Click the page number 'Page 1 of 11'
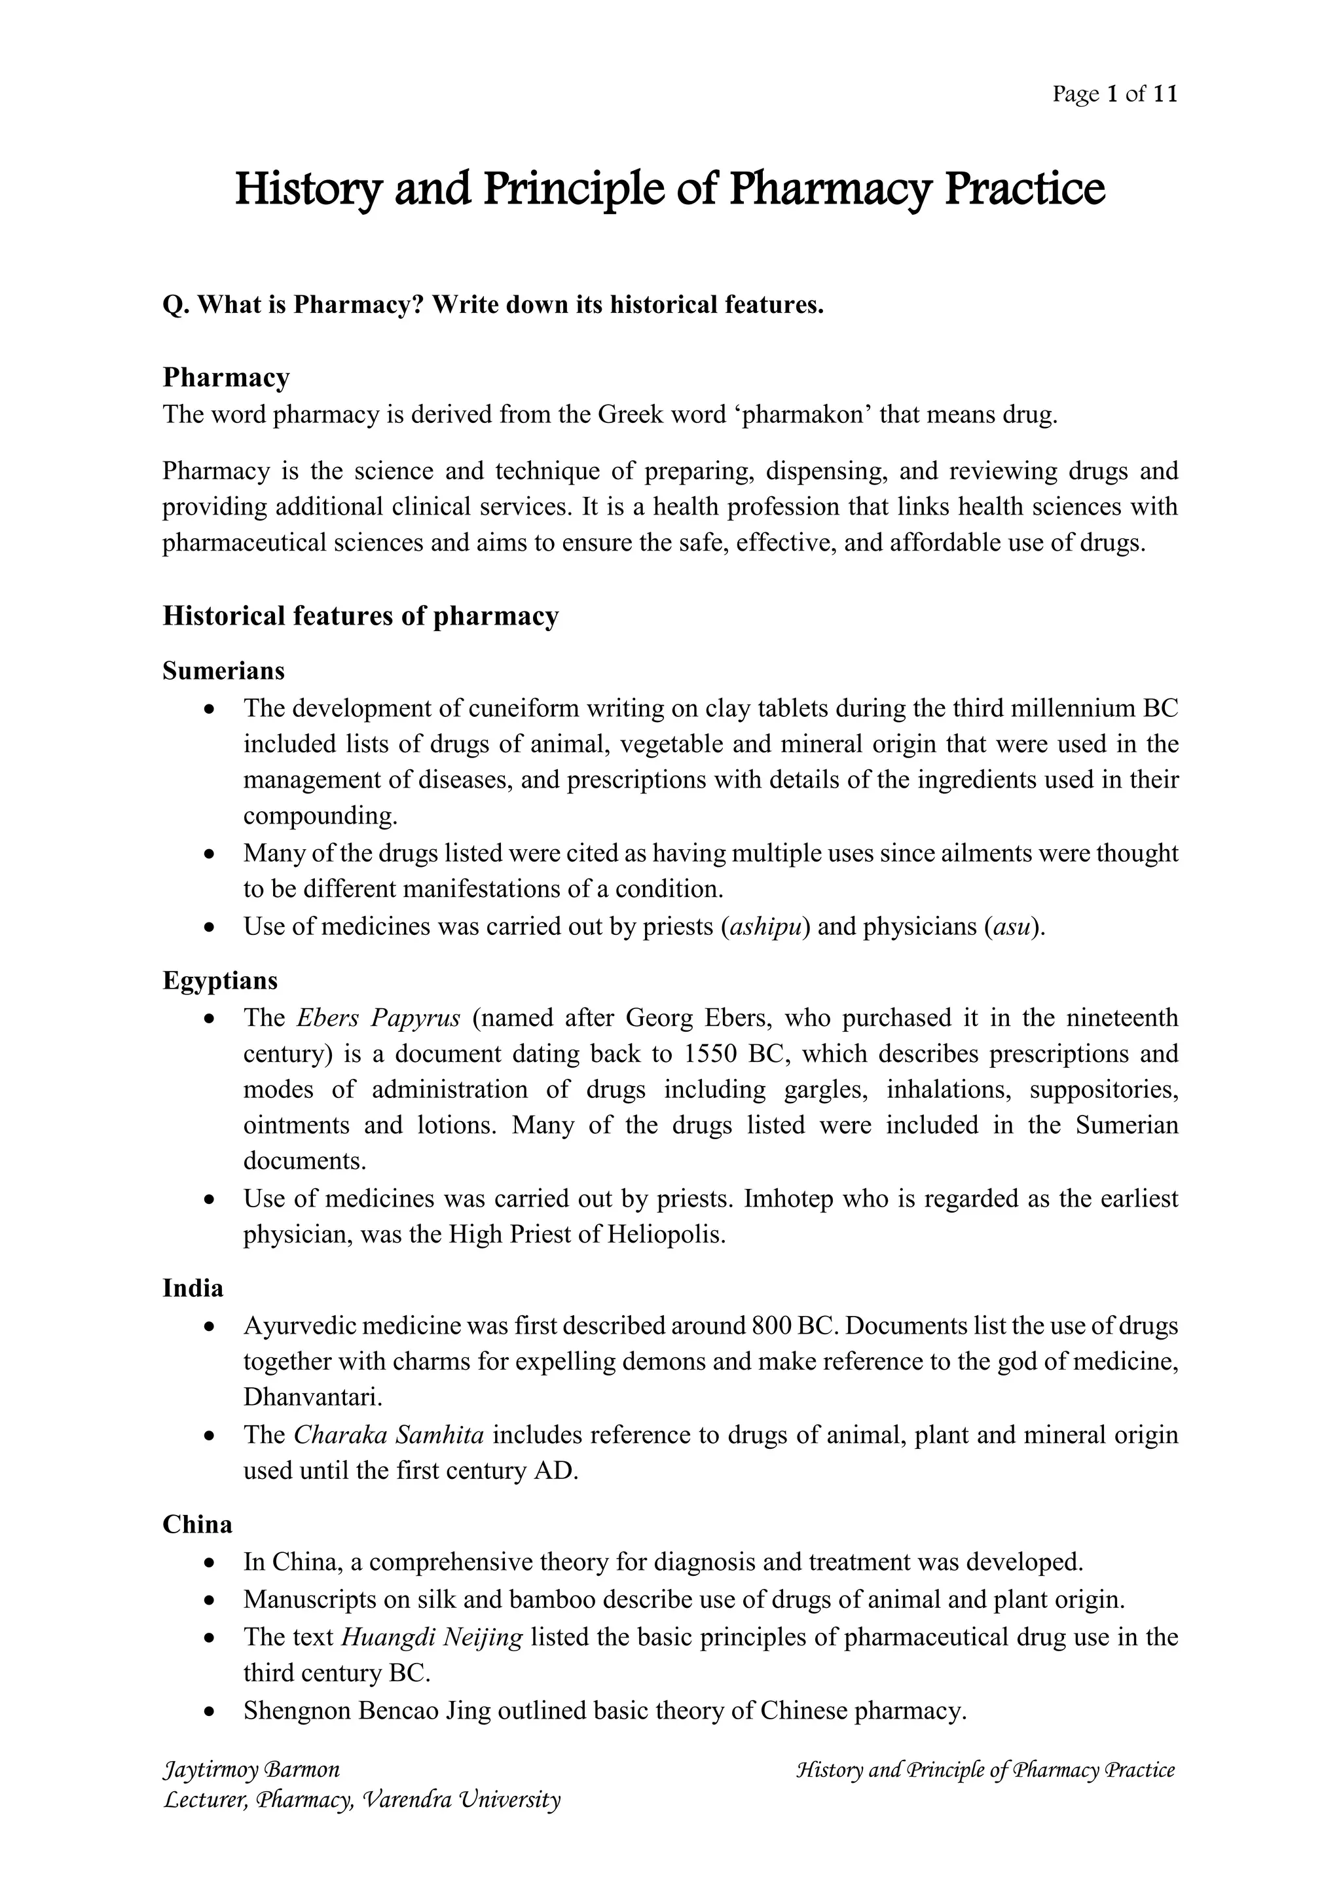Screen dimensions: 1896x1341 (1114, 94)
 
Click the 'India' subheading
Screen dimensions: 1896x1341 (193, 1288)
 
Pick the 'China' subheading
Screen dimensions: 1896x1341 (197, 1524)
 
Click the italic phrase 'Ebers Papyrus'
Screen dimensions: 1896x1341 (378, 1017)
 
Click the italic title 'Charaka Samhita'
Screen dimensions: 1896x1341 (389, 1434)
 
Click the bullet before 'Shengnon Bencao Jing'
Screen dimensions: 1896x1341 (211, 1711)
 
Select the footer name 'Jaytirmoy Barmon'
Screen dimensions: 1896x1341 (252, 1770)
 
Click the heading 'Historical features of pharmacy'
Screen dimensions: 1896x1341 (361, 616)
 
